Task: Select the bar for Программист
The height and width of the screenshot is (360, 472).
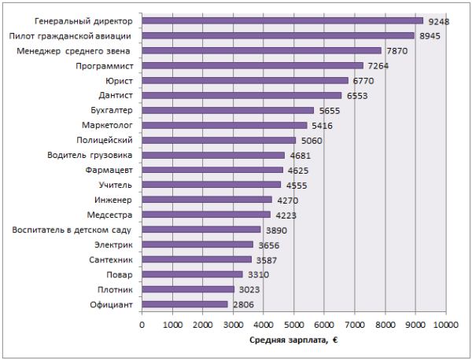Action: pyautogui.click(x=253, y=65)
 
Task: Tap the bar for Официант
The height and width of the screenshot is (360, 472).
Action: pyautogui.click(x=185, y=304)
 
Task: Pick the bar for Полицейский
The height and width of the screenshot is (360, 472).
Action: pyautogui.click(x=219, y=140)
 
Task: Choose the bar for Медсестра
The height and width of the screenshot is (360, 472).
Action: pyautogui.click(x=206, y=215)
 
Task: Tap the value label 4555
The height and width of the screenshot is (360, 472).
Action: pyautogui.click(x=297, y=186)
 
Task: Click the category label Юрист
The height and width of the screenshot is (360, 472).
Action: pyautogui.click(x=119, y=80)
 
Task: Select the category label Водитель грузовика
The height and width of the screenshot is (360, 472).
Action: pyautogui.click(x=90, y=155)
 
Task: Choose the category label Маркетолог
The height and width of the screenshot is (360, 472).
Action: pyautogui.click(x=106, y=125)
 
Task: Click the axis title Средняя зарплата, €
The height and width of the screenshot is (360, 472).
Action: pyautogui.click(x=293, y=340)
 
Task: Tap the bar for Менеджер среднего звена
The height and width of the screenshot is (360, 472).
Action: pyautogui.click(x=261, y=50)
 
